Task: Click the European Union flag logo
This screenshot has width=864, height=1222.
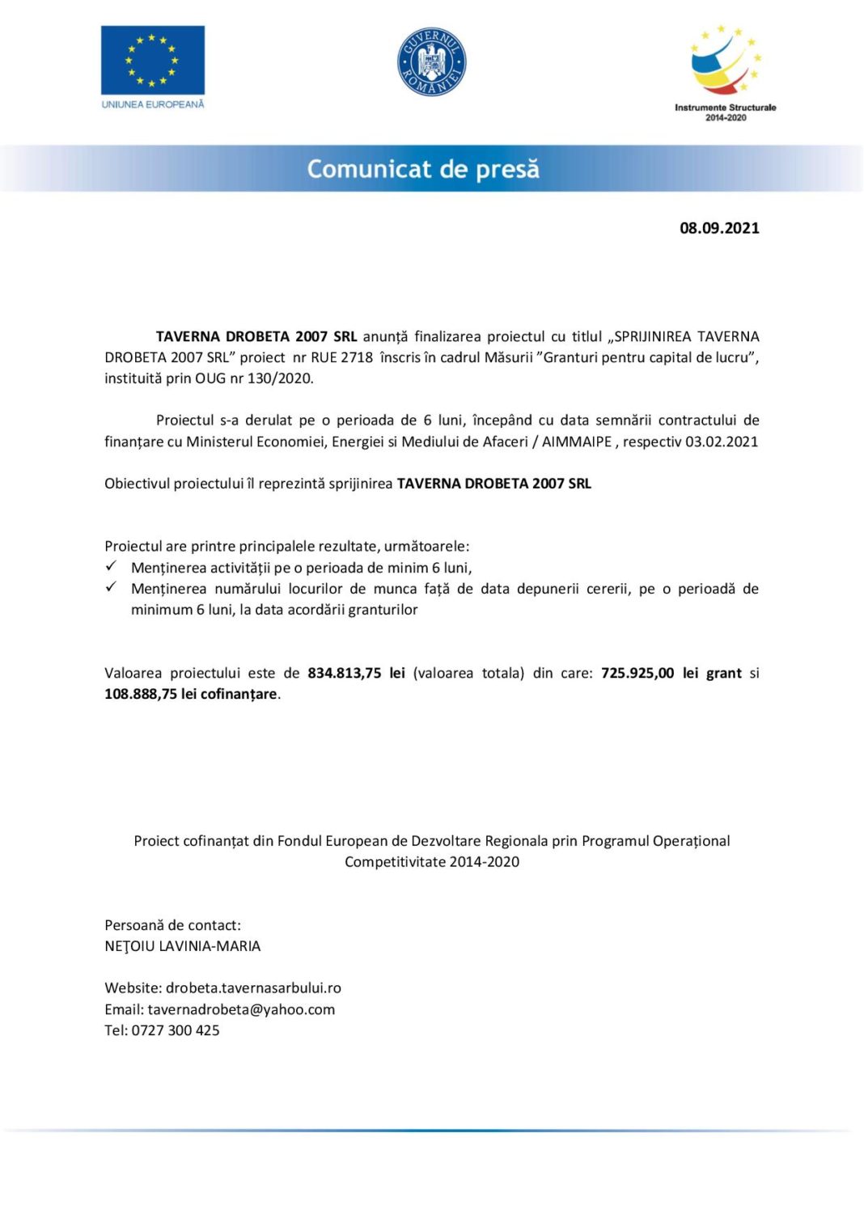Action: [x=152, y=61]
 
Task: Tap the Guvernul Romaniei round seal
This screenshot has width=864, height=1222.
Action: [x=431, y=61]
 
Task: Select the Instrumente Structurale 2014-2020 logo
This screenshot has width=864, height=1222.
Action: [x=725, y=73]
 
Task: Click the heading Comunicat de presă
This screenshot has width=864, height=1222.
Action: [x=423, y=169]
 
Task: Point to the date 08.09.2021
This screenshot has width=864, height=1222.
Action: [x=719, y=228]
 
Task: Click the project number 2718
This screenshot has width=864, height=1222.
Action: [x=356, y=357]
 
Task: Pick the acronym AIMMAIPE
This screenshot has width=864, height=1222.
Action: [x=576, y=442]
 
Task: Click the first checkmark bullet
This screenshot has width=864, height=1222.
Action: [x=112, y=566]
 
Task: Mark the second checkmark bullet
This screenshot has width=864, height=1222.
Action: [x=112, y=587]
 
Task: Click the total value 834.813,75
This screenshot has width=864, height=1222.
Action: [x=344, y=673]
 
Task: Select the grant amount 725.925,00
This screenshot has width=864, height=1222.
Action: [x=637, y=673]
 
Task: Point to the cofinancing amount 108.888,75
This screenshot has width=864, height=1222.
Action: [x=141, y=694]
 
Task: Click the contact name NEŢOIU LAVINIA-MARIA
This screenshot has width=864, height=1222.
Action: [x=182, y=946]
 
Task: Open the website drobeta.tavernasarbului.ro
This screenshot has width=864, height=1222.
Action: [x=253, y=988]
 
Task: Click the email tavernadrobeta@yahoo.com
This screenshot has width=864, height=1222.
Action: [x=241, y=1009]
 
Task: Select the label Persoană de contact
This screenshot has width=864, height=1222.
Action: [x=172, y=925]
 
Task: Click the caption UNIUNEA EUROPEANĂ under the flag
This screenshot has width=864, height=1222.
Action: [x=153, y=104]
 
